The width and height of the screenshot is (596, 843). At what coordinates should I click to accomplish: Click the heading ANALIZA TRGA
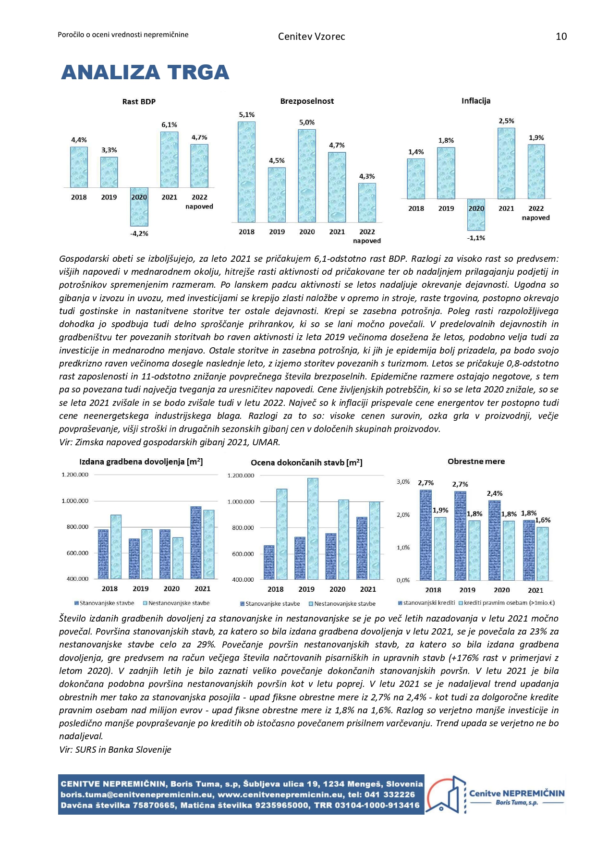pyautogui.click(x=145, y=73)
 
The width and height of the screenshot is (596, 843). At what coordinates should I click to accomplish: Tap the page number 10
pyautogui.click(x=561, y=37)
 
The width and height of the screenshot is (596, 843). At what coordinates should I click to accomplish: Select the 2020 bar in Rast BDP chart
pyautogui.click(x=139, y=207)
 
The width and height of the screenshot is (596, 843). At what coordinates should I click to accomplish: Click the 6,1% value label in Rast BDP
pyautogui.click(x=169, y=125)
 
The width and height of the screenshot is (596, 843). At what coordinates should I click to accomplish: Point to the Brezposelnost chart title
pyautogui.click(x=307, y=101)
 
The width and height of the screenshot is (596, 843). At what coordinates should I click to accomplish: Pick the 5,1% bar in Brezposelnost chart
pyautogui.click(x=247, y=171)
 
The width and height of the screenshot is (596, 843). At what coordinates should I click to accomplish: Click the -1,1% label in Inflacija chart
pyautogui.click(x=476, y=238)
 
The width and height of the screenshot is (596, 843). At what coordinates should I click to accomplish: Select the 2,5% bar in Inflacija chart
pyautogui.click(x=506, y=163)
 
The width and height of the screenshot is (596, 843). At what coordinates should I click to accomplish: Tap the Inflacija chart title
pyautogui.click(x=476, y=101)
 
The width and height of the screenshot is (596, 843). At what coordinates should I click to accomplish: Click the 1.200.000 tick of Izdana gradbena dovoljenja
pyautogui.click(x=75, y=475)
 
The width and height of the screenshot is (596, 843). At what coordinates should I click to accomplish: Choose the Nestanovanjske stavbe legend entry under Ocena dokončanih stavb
pyautogui.click(x=344, y=604)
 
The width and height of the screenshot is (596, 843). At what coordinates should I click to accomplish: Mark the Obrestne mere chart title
pyautogui.click(x=476, y=462)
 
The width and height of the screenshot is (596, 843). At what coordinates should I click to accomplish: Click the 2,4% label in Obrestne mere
pyautogui.click(x=495, y=493)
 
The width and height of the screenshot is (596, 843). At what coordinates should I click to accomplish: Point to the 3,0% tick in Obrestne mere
pyautogui.click(x=403, y=482)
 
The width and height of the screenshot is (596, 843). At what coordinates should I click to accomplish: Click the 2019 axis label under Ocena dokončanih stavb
pyautogui.click(x=306, y=589)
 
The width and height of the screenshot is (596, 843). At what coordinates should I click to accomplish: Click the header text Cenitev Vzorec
pyautogui.click(x=311, y=37)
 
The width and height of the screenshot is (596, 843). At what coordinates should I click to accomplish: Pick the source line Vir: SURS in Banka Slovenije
pyautogui.click(x=115, y=749)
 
